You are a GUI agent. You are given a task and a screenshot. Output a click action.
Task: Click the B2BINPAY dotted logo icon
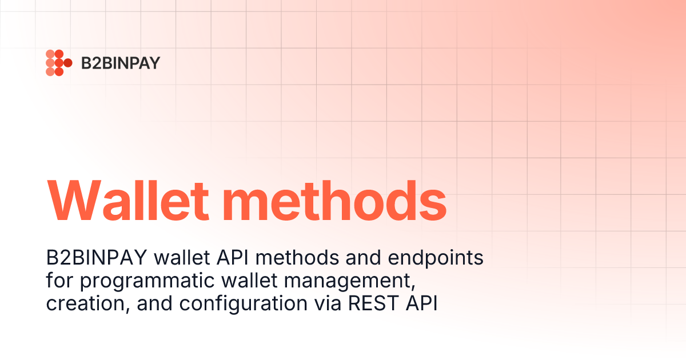pyautogui.click(x=58, y=63)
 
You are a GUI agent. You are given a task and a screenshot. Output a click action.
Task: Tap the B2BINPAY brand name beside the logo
pyautogui.click(x=120, y=63)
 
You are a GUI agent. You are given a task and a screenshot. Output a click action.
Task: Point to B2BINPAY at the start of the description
pyautogui.click(x=100, y=258)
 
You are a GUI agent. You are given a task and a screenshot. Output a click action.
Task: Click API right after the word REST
pyautogui.click(x=421, y=303)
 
